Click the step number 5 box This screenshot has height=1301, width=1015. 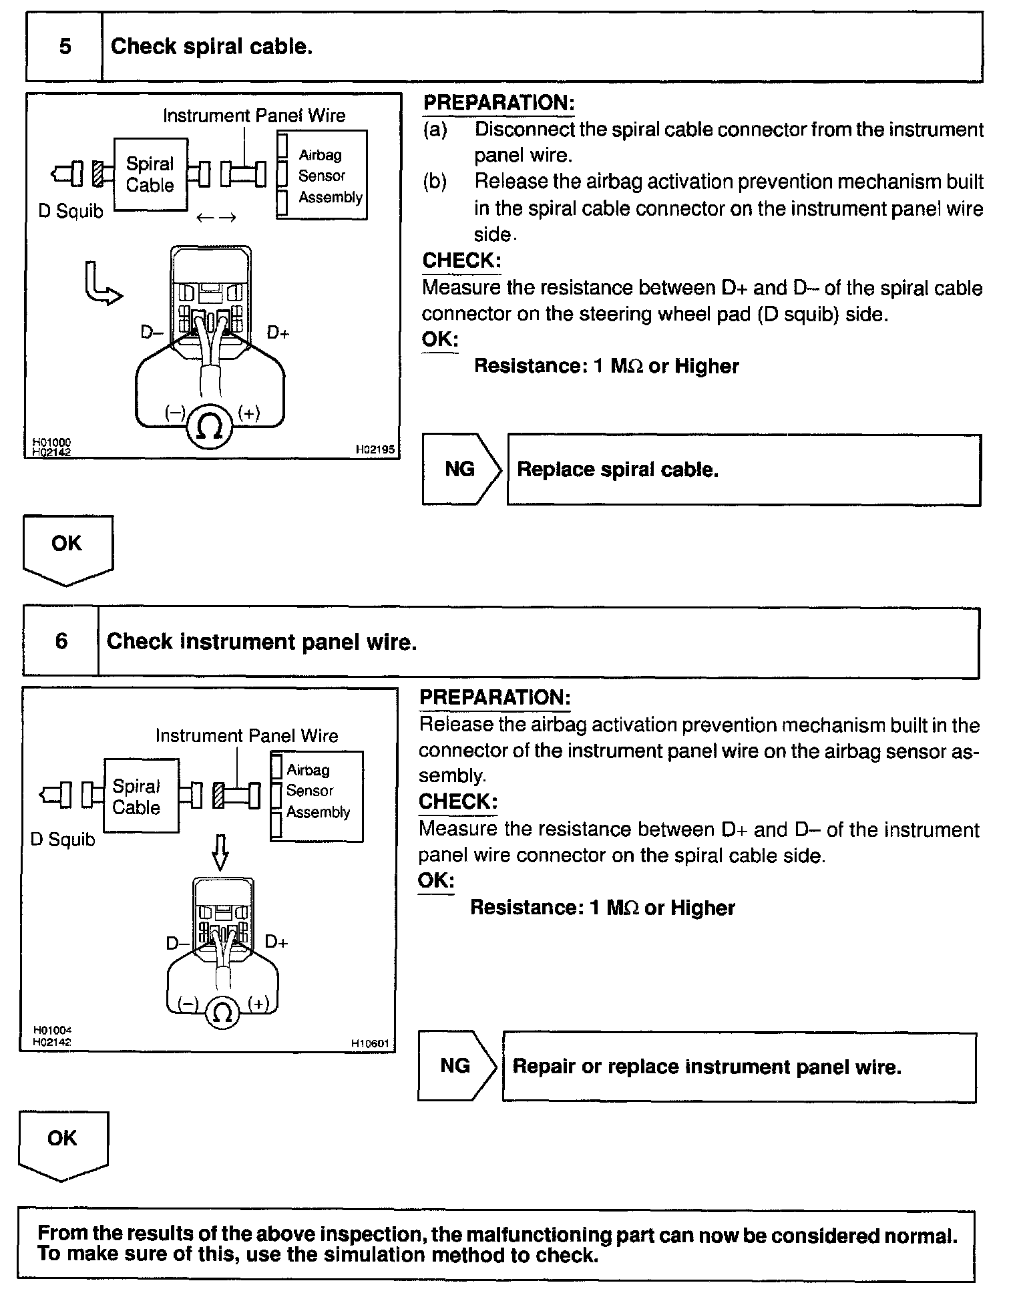click(x=64, y=47)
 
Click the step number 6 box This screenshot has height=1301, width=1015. click(x=61, y=641)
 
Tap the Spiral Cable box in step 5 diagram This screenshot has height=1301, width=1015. click(x=150, y=174)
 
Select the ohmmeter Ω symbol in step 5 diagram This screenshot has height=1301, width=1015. click(x=210, y=428)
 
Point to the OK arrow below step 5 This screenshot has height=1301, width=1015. click(x=67, y=548)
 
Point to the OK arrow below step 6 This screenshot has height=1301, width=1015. click(x=63, y=1143)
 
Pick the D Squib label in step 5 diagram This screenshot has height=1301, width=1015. click(x=71, y=211)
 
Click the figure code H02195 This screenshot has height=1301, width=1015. click(x=375, y=450)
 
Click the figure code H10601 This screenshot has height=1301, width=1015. click(x=370, y=1043)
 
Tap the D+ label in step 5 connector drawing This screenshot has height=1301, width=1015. click(x=278, y=332)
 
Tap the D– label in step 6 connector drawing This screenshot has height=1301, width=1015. click(x=178, y=943)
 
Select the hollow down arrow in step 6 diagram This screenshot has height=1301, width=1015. click(x=220, y=853)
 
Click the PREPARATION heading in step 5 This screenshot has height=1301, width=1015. click(x=498, y=103)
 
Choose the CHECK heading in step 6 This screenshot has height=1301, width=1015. click(x=457, y=801)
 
